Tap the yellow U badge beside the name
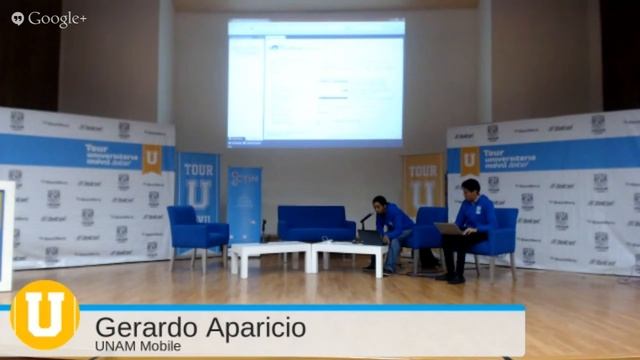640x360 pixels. click(x=44, y=314)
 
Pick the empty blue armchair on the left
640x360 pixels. click(x=195, y=231)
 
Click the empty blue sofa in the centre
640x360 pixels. click(x=316, y=224)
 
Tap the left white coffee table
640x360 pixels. click(x=270, y=256)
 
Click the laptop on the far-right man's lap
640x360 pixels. click(x=448, y=229)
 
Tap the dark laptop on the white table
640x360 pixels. click(x=371, y=237)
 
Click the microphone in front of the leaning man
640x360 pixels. click(x=366, y=216)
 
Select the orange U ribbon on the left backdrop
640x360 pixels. click(x=152, y=159)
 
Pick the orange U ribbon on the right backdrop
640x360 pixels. click(x=469, y=160)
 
